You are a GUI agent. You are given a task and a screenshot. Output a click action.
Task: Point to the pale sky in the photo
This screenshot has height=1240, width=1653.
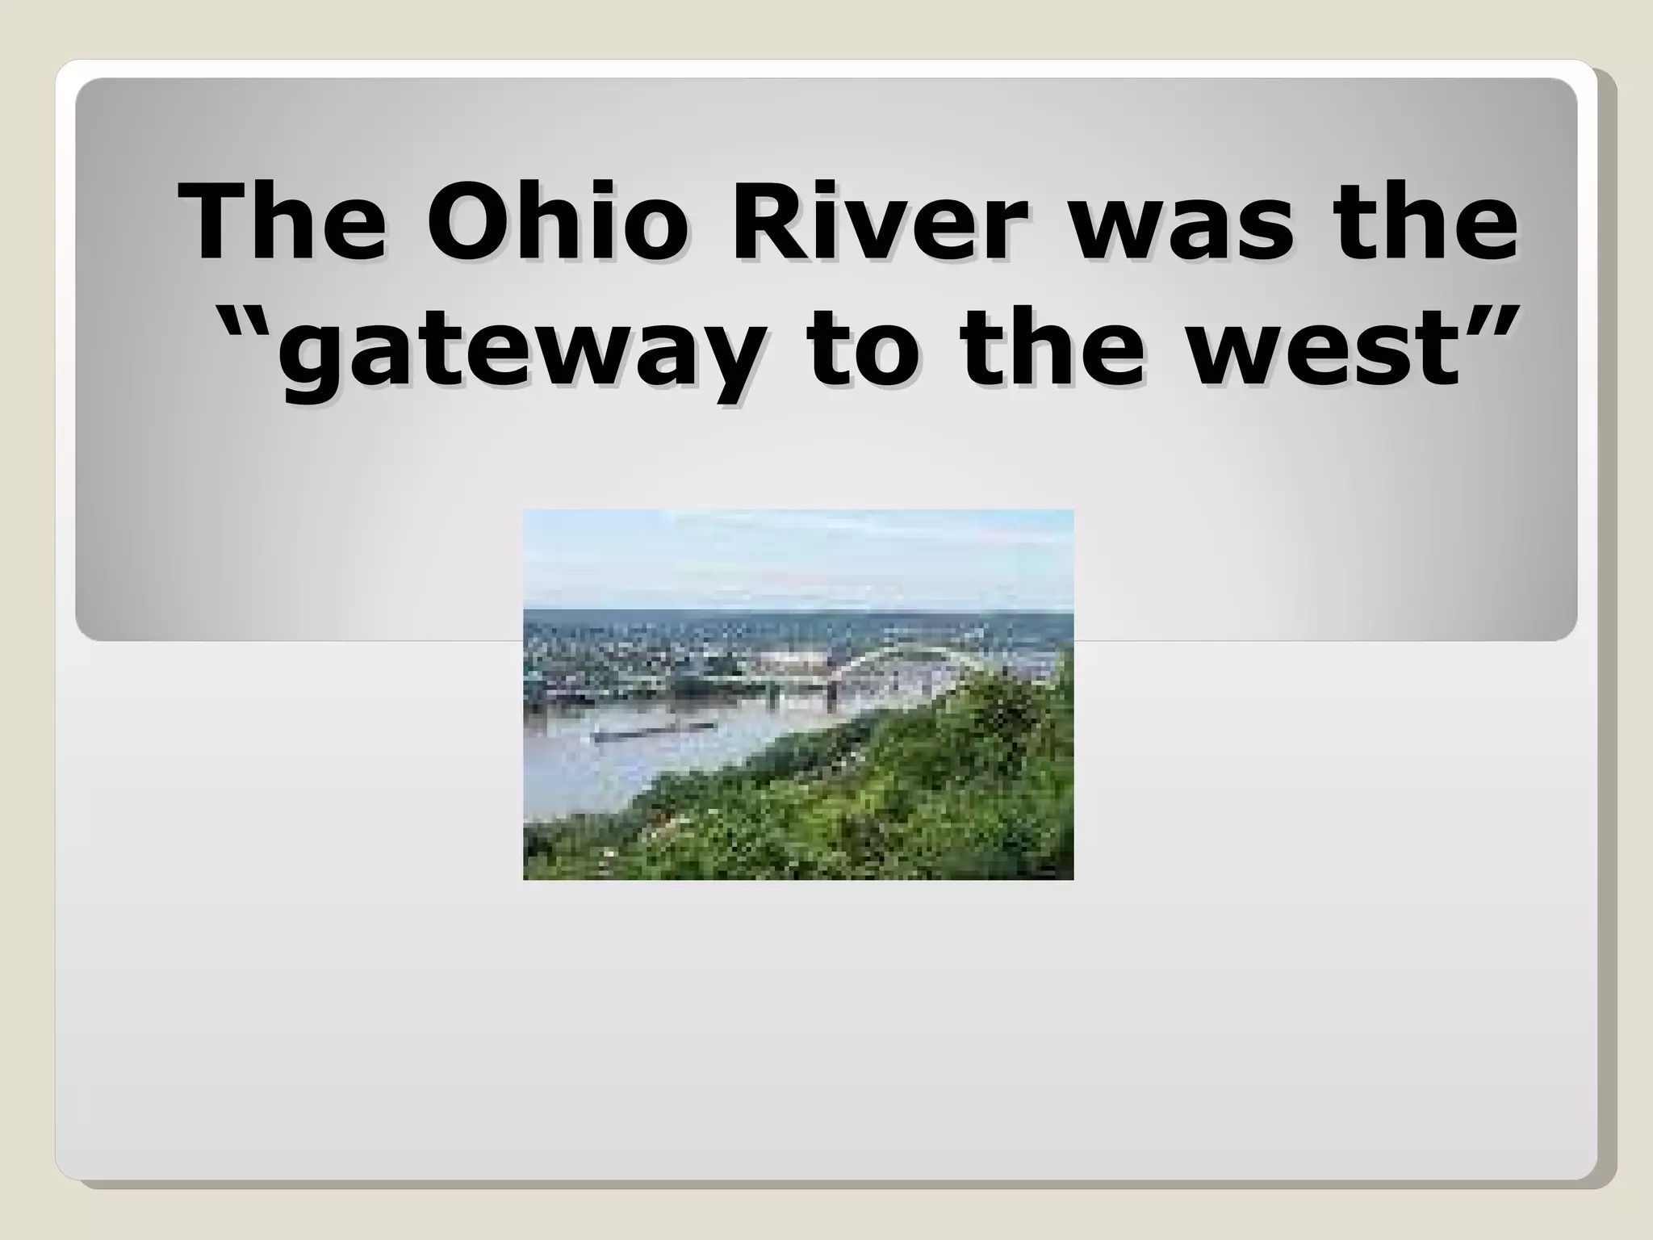coord(799,557)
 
